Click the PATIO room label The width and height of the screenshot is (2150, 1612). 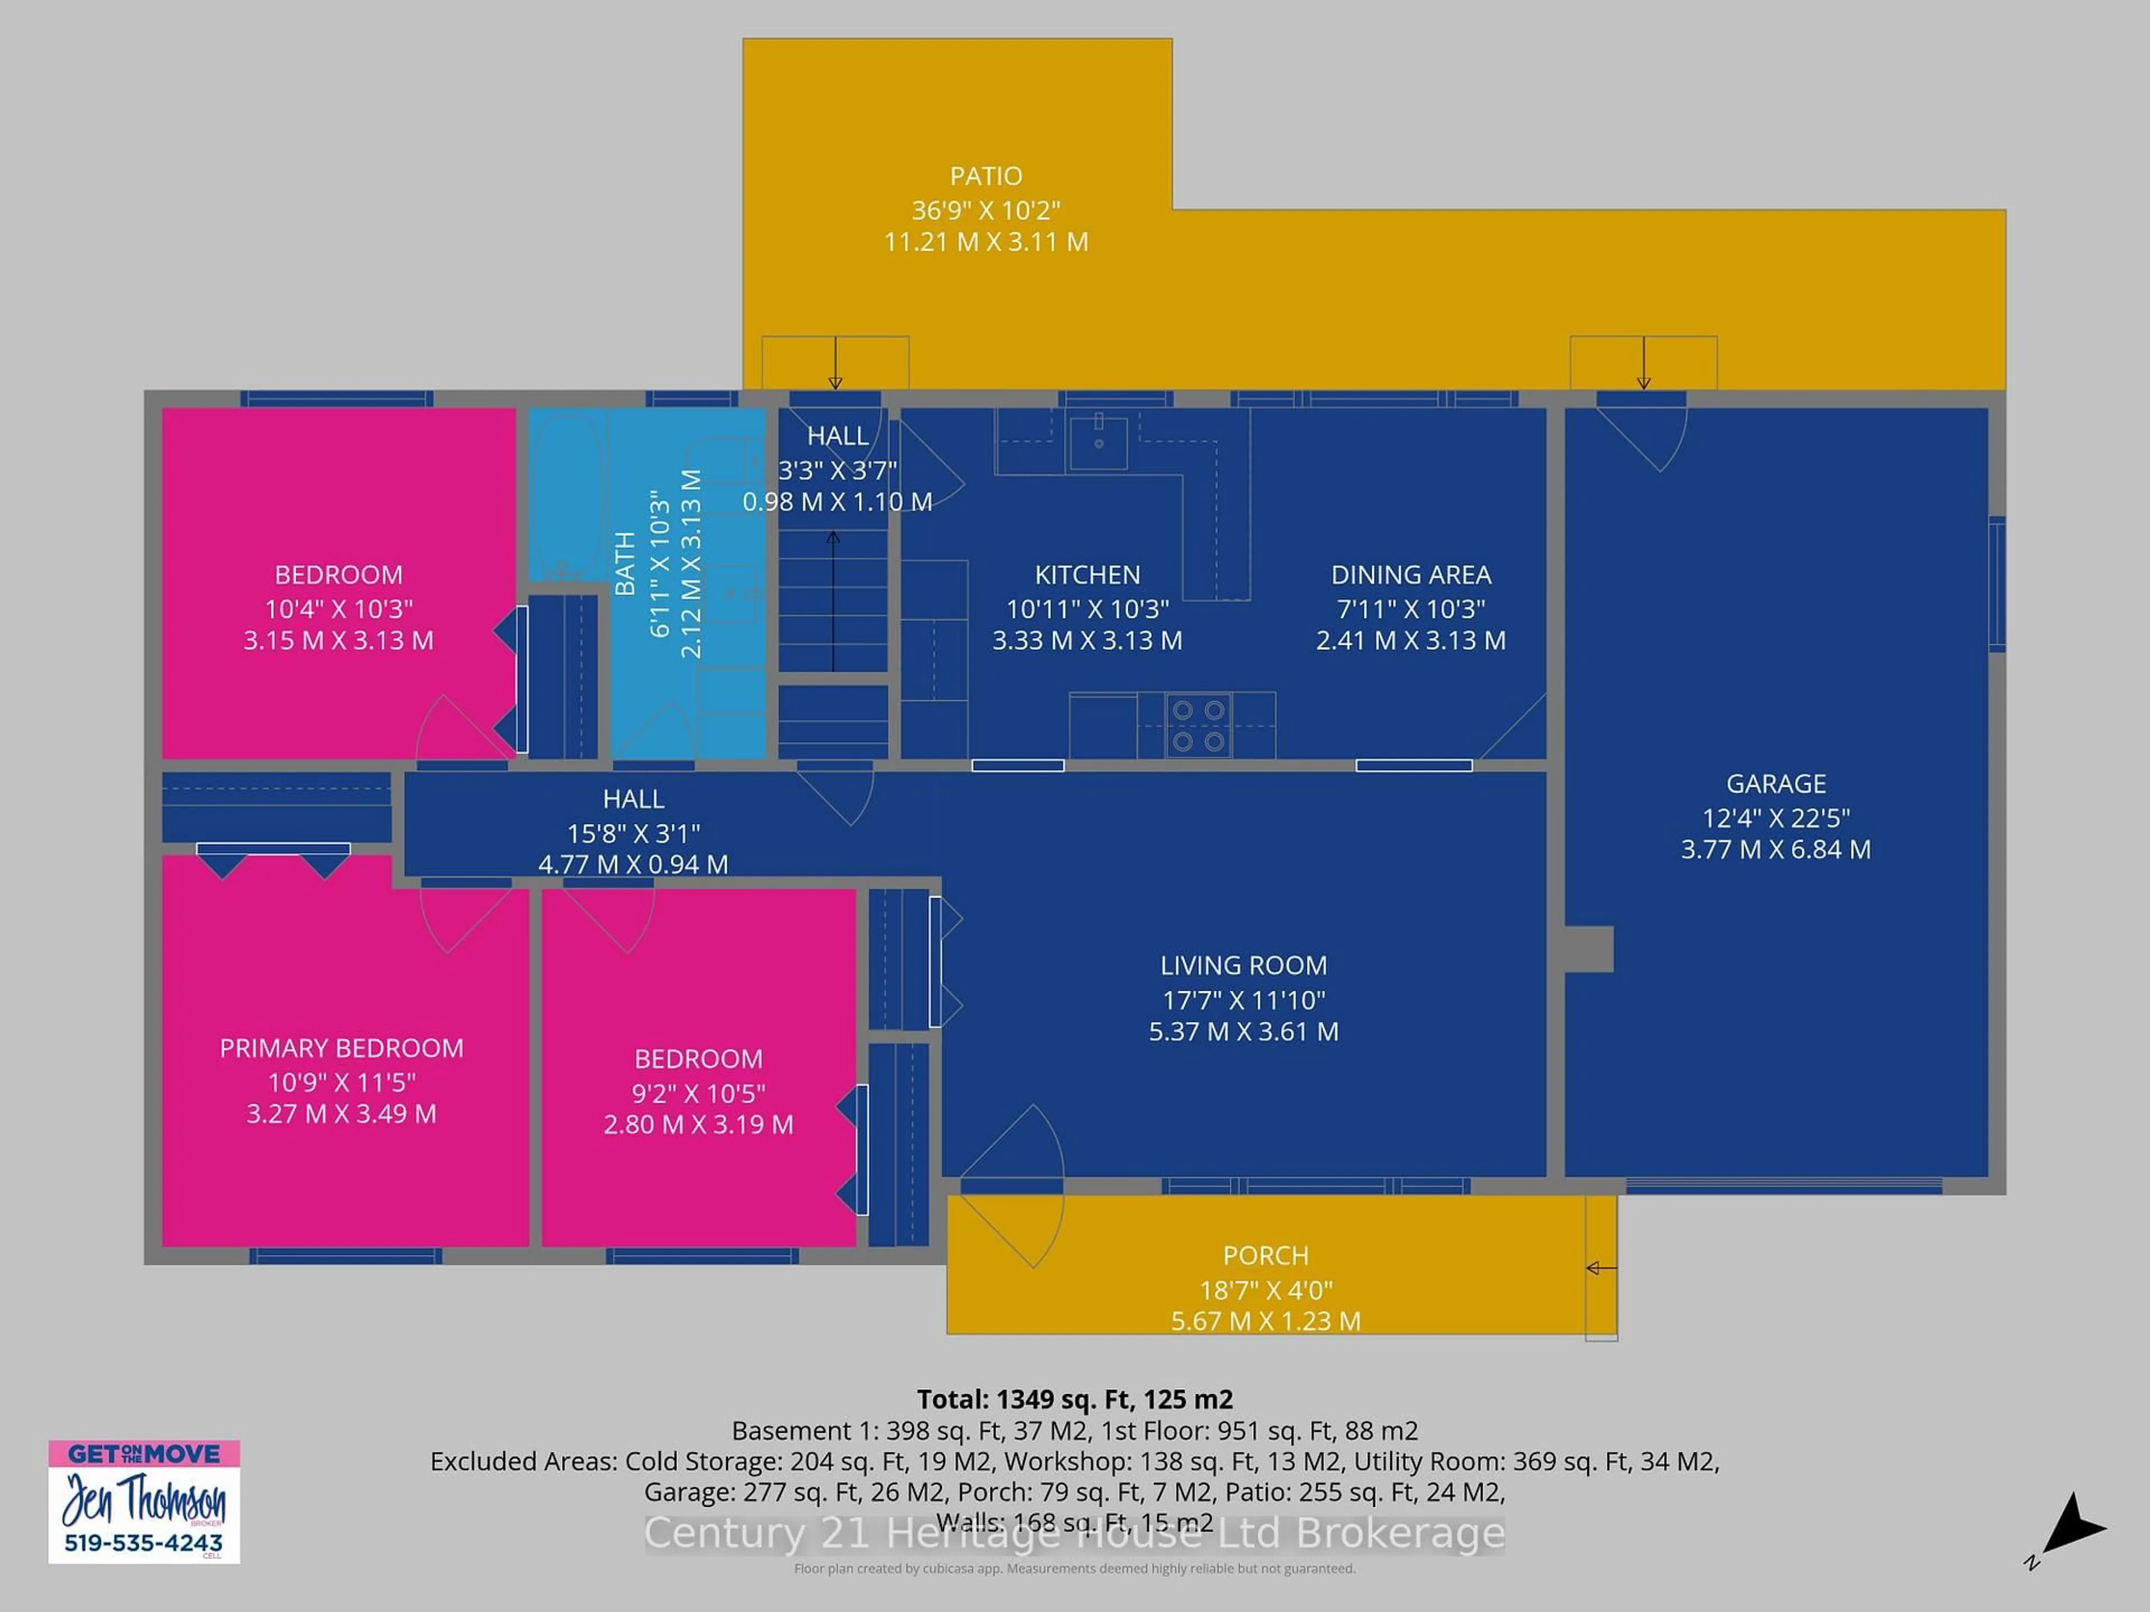[x=985, y=176]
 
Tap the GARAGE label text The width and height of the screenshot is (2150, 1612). [x=1776, y=783]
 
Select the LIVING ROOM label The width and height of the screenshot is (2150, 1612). [x=1243, y=965]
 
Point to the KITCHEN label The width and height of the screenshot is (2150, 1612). [x=1087, y=574]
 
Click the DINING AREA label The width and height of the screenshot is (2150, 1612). [x=1410, y=574]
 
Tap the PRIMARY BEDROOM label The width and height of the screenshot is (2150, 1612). [x=341, y=1047]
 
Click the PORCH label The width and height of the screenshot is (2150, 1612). [x=1265, y=1255]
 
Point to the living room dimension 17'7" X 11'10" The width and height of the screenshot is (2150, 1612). [x=1243, y=999]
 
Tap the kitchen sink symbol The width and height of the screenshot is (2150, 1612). [x=1099, y=442]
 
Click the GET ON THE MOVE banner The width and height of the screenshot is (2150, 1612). [x=144, y=1454]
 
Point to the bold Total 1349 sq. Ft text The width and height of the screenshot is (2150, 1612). [x=1074, y=1399]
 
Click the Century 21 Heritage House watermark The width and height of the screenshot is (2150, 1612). [x=1074, y=1533]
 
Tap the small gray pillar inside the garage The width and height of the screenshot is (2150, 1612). [x=1588, y=948]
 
